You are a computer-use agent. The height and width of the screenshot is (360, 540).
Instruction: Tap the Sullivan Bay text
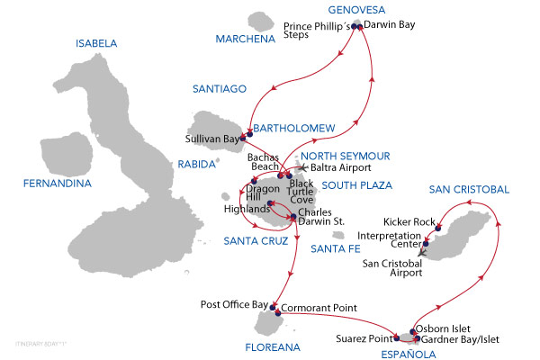coord(213,139)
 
